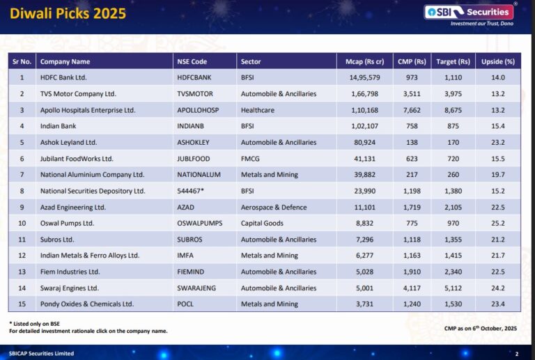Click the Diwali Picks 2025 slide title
coord(68,13)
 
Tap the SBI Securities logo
coord(472,13)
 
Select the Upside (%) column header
coord(498,61)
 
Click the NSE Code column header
coord(192,61)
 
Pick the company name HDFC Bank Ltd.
coord(63,77)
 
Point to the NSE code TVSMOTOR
coord(198,93)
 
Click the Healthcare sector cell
coord(258,110)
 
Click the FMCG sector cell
coord(250,159)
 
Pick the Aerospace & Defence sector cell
coord(274,208)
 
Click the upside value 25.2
coord(497,224)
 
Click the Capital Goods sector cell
coord(262,224)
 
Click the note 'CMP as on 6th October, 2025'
coord(481,327)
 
